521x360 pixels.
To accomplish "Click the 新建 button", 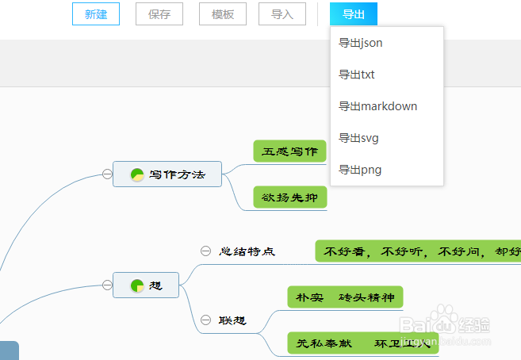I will [x=96, y=14].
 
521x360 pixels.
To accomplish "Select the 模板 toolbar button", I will [x=223, y=14].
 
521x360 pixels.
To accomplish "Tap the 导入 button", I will [x=282, y=14].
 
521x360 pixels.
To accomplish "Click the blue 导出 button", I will [x=354, y=14].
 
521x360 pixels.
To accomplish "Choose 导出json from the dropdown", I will [x=361, y=43].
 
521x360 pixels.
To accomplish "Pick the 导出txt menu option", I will [x=357, y=75].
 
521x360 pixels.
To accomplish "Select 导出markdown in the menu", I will [x=377, y=106].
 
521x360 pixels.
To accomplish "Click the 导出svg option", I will [x=358, y=138].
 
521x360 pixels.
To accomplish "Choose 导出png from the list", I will [x=360, y=170].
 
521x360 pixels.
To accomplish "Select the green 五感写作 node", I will [x=289, y=151].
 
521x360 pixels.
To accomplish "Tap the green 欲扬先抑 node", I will [x=289, y=197].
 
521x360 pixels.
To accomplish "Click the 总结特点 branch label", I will [x=247, y=251].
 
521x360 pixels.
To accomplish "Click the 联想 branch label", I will [x=233, y=320].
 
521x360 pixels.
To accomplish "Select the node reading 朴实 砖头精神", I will [x=345, y=297].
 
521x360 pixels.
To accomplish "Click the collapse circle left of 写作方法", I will [x=107, y=174].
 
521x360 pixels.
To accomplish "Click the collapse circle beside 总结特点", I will [x=205, y=251].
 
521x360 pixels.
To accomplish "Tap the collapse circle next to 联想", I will [x=205, y=320].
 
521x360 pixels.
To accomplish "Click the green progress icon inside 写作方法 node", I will [x=136, y=174].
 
